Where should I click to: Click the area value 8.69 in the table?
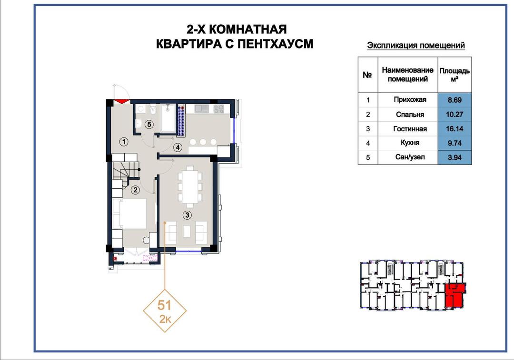[455, 100]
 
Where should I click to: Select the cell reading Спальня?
[410, 114]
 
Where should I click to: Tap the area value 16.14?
[455, 129]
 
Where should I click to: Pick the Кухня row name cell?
[410, 143]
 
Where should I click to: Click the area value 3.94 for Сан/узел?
[455, 157]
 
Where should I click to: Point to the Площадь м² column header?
[455, 75]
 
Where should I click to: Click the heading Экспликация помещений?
[416, 46]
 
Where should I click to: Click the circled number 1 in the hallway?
[124, 142]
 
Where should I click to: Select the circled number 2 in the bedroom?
[135, 190]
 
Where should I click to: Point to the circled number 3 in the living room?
[187, 215]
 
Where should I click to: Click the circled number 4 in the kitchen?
[178, 147]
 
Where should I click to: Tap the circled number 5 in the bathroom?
[149, 125]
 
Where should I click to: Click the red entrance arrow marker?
[122, 101]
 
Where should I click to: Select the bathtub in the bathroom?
[168, 118]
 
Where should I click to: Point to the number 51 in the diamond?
[164, 305]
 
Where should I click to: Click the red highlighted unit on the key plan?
[455, 295]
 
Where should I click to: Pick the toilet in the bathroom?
[152, 109]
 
